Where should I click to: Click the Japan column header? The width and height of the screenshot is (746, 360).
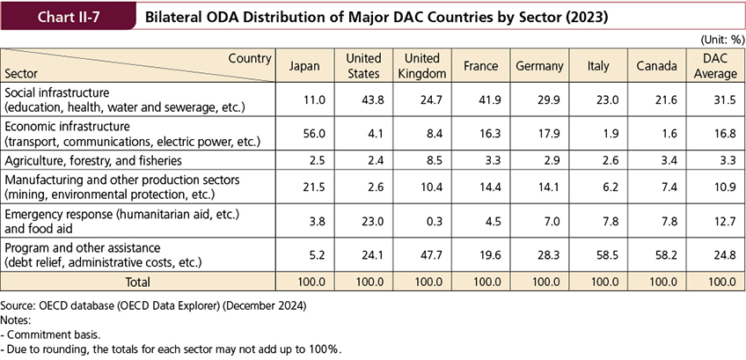[304, 66]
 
